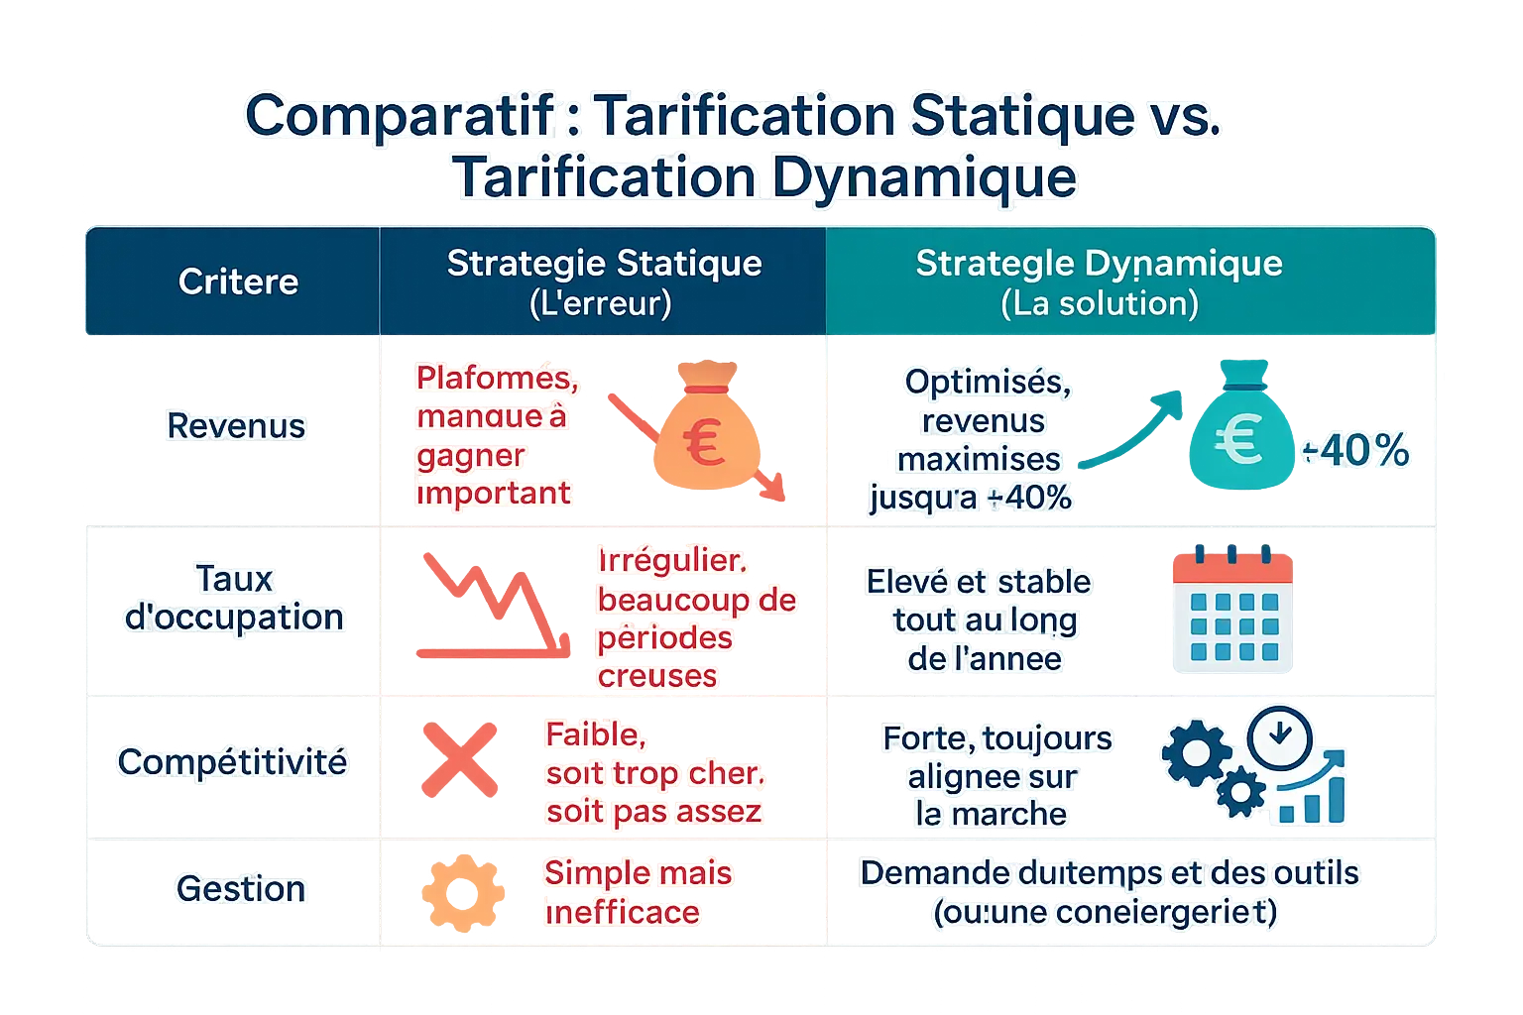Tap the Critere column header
click(x=238, y=282)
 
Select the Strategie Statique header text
click(x=604, y=264)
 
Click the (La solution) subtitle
click(x=1099, y=303)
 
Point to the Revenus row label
click(x=236, y=426)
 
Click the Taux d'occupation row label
click(x=234, y=598)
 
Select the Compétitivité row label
click(x=232, y=761)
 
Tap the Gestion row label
click(x=241, y=888)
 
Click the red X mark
click(x=459, y=759)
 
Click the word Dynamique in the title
click(x=923, y=178)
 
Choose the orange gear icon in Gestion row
click(x=462, y=889)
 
